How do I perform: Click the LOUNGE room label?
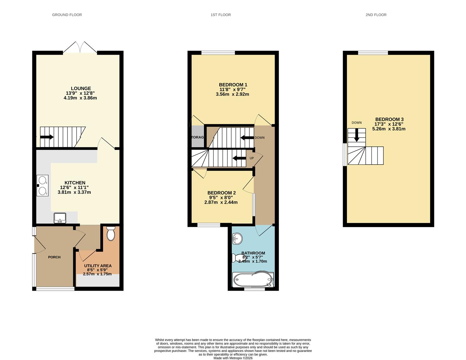tap(80, 89)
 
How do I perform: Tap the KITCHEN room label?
tap(75, 183)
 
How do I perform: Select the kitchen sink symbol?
tap(60, 218)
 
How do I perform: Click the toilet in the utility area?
tap(111, 234)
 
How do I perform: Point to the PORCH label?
tap(54, 257)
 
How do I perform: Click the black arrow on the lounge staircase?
tap(47, 137)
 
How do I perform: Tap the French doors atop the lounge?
tap(80, 48)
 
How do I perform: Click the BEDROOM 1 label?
tap(233, 85)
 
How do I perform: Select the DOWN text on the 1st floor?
tap(259, 138)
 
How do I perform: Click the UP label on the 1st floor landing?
tap(252, 158)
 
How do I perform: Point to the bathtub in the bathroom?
tap(253, 279)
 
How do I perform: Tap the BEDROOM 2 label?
tap(221, 193)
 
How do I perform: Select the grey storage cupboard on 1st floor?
tap(197, 137)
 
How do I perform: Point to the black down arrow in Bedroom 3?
tap(356, 135)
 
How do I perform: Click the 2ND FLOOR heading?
tap(376, 15)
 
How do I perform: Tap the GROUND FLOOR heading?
tap(67, 15)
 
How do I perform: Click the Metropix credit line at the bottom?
tap(233, 358)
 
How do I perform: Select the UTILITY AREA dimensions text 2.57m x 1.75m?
tap(97, 274)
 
